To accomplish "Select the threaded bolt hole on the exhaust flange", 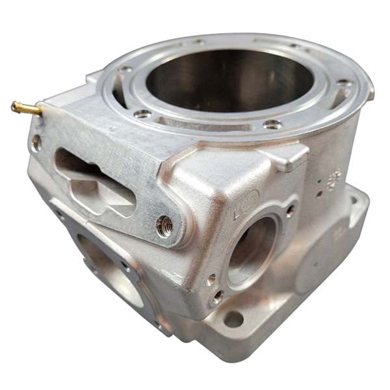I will [164, 225].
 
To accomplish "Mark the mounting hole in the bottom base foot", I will [233, 319].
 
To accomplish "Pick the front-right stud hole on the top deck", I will [273, 124].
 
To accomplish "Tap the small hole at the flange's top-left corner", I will [37, 139].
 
